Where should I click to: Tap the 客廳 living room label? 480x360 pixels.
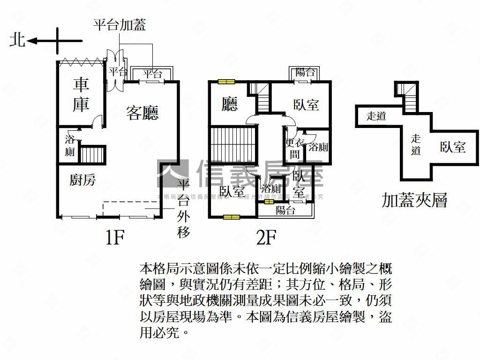tap(142, 112)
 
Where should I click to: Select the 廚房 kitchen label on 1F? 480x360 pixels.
tap(82, 180)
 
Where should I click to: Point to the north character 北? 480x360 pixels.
tap(17, 41)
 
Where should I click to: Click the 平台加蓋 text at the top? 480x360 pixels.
tap(120, 24)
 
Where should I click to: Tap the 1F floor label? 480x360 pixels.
tap(114, 239)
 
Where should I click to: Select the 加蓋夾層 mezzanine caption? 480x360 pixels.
tap(414, 200)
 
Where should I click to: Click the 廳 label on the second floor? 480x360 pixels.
tap(230, 104)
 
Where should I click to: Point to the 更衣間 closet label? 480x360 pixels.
tap(294, 149)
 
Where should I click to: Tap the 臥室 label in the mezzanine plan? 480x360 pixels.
tap(453, 147)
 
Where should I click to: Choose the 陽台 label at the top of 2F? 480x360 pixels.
tap(305, 72)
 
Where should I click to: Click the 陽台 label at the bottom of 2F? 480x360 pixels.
tap(285, 210)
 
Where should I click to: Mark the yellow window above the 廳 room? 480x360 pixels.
tap(226, 82)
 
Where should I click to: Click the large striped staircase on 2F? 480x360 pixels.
tap(232, 145)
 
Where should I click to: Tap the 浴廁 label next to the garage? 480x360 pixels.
tap(70, 145)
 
